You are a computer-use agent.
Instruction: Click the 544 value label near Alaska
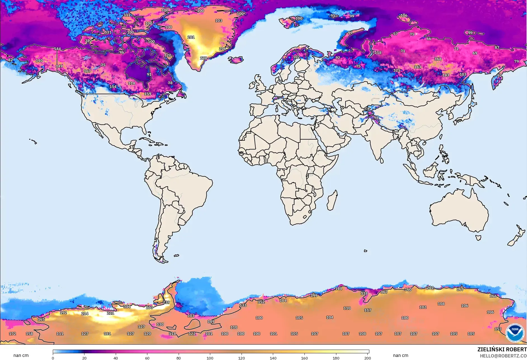click(57, 49)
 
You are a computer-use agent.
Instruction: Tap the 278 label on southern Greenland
click(204, 58)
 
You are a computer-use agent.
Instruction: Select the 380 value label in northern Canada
click(88, 41)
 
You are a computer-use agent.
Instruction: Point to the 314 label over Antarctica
click(127, 307)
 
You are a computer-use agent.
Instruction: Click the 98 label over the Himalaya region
click(376, 118)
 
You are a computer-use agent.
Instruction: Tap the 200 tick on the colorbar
click(368, 358)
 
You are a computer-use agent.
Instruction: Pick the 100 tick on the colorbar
click(210, 358)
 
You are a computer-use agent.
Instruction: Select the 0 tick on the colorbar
click(53, 358)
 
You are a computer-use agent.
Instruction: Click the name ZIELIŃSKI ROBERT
click(502, 349)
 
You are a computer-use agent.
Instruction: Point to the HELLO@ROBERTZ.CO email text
click(503, 356)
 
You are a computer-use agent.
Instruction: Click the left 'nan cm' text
click(21, 355)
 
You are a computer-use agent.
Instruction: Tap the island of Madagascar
click(332, 201)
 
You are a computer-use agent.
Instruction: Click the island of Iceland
click(236, 60)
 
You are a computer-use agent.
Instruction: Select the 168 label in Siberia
click(438, 59)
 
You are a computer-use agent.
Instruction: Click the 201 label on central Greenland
click(191, 37)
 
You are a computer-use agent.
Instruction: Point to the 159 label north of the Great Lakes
click(148, 94)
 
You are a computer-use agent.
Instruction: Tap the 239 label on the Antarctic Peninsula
click(166, 302)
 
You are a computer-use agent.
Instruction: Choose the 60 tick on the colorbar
click(147, 358)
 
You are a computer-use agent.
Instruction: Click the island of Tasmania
click(478, 238)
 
